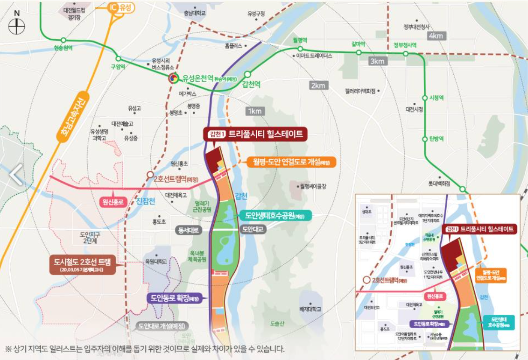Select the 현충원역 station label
click(63, 48)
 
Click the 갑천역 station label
click(251, 85)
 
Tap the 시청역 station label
click(435, 98)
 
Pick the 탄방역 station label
click(435, 139)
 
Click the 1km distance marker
click(255, 111)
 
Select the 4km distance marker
click(437, 36)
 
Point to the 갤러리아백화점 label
click(360, 91)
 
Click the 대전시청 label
click(414, 109)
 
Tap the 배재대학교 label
click(310, 309)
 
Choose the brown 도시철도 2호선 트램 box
click(86, 264)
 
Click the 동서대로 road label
click(189, 230)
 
